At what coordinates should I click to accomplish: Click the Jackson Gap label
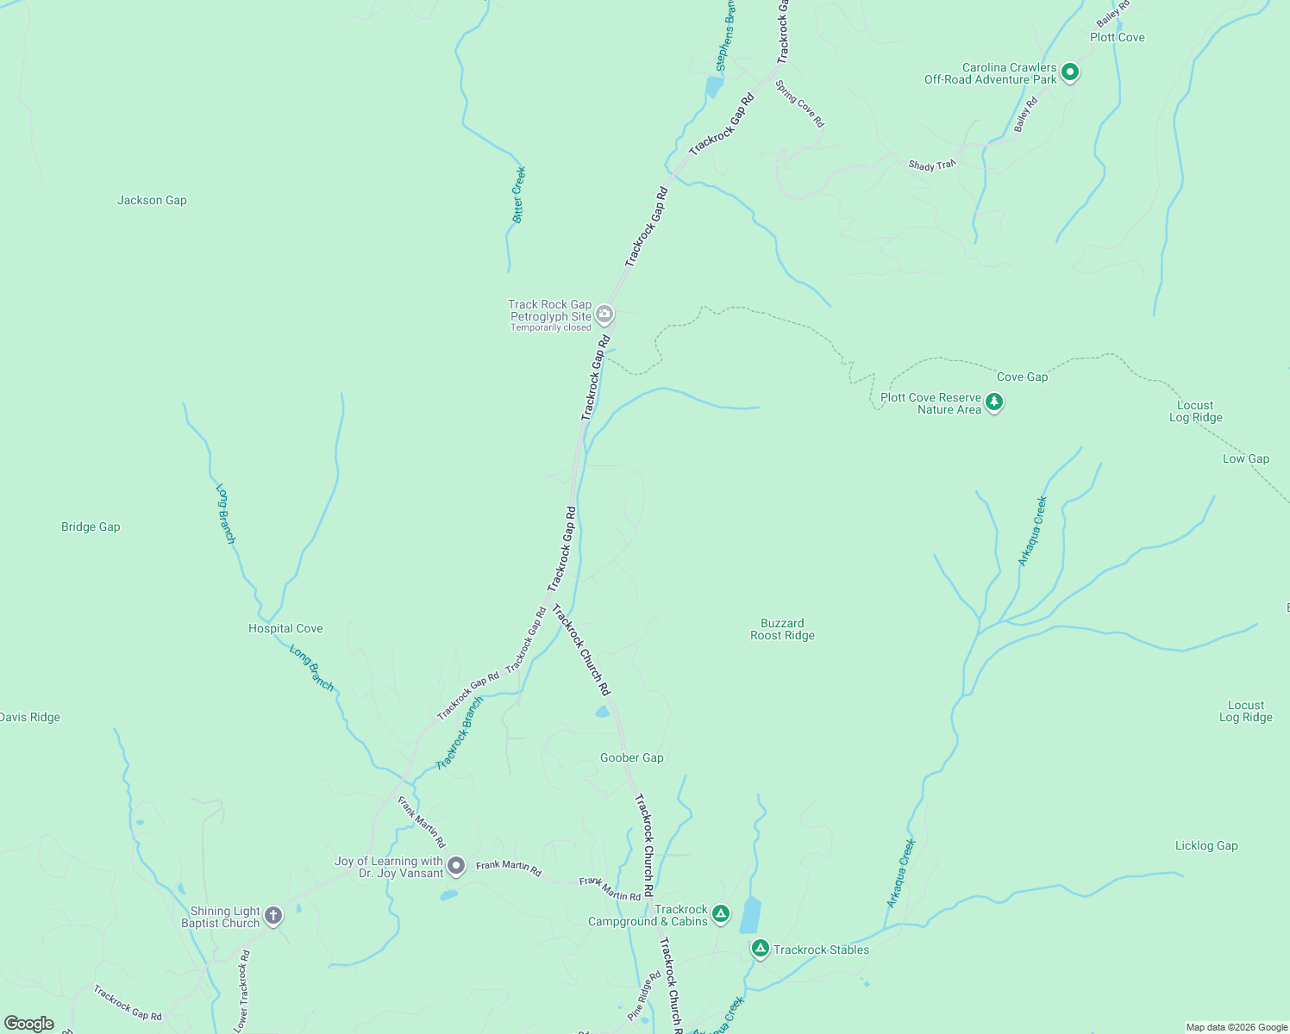152,200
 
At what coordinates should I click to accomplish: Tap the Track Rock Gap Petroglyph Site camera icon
605,315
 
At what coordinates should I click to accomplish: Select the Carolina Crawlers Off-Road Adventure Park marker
1069,72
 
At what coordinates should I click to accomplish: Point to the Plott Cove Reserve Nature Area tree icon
994,402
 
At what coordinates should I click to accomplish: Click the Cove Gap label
1022,377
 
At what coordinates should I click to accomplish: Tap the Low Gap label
1245,458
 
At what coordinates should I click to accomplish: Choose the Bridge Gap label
91,526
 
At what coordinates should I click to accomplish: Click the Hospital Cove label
285,628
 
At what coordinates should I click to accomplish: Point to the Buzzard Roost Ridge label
782,629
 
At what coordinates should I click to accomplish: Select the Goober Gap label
631,757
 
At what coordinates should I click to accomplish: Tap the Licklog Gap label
1205,845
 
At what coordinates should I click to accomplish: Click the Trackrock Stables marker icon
760,949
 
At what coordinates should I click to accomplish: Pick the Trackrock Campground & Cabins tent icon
721,913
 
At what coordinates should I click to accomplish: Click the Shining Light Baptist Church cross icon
273,915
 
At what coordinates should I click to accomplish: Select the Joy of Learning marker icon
456,865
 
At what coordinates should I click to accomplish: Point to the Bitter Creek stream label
518,195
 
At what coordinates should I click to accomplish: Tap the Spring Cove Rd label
799,104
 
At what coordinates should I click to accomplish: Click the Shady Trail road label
932,165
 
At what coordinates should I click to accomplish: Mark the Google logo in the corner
29,1024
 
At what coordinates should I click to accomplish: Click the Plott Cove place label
1117,37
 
